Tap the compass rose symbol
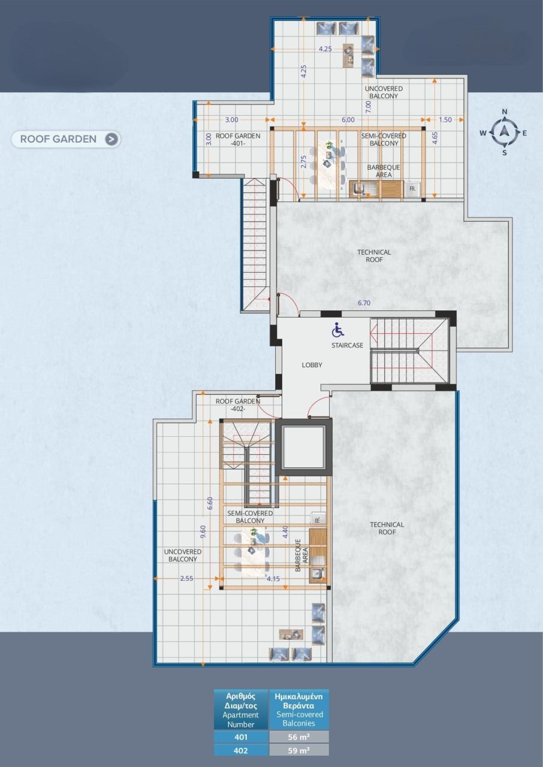(505, 132)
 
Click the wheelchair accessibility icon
(338, 330)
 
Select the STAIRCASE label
(347, 345)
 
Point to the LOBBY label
(312, 365)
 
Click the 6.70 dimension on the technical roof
(364, 303)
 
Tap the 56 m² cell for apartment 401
(299, 737)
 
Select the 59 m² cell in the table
(299, 750)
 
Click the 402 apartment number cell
(241, 750)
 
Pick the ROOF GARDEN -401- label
(238, 140)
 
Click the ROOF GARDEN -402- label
(238, 405)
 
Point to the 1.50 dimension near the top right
(445, 119)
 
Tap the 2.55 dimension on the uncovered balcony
(187, 579)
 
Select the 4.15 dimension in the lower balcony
(274, 579)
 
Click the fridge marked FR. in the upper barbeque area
(412, 188)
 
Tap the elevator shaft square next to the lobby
(303, 448)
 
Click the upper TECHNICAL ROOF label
(374, 256)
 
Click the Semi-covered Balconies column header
(299, 709)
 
